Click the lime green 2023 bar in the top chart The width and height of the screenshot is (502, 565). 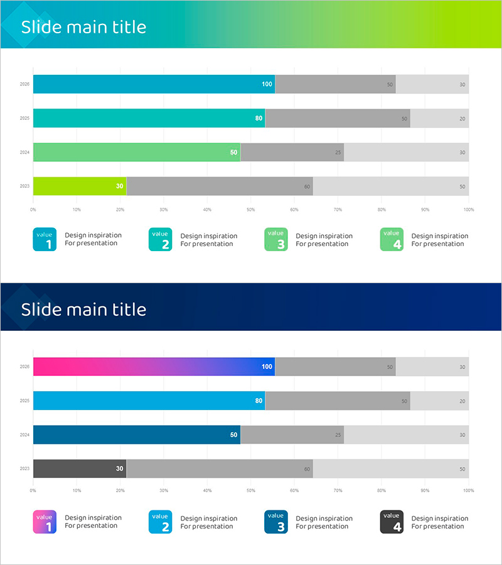[x=80, y=186]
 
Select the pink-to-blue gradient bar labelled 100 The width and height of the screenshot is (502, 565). [x=154, y=367]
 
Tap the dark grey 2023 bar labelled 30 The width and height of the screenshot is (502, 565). [x=80, y=468]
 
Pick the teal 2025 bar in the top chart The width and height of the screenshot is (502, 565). [x=149, y=118]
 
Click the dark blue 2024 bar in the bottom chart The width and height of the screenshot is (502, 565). [x=137, y=434]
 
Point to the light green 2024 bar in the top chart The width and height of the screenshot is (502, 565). [x=137, y=152]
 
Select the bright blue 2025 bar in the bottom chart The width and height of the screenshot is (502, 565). [x=149, y=401]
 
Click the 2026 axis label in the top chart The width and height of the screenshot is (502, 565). [x=25, y=84]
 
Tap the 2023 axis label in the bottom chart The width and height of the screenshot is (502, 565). [x=25, y=468]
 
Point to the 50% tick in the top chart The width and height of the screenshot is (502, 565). [x=250, y=210]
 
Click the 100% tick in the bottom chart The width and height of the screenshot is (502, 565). [x=468, y=490]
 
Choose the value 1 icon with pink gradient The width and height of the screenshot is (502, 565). [x=45, y=522]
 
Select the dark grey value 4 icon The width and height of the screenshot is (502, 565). [x=392, y=522]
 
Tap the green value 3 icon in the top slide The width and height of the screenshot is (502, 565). [x=276, y=239]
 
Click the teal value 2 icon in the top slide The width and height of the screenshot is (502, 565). [x=160, y=239]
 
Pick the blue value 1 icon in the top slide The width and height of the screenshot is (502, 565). [x=45, y=239]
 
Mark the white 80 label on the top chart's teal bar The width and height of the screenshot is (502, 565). [x=259, y=118]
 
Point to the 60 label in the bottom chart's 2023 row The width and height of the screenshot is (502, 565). [x=307, y=469]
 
